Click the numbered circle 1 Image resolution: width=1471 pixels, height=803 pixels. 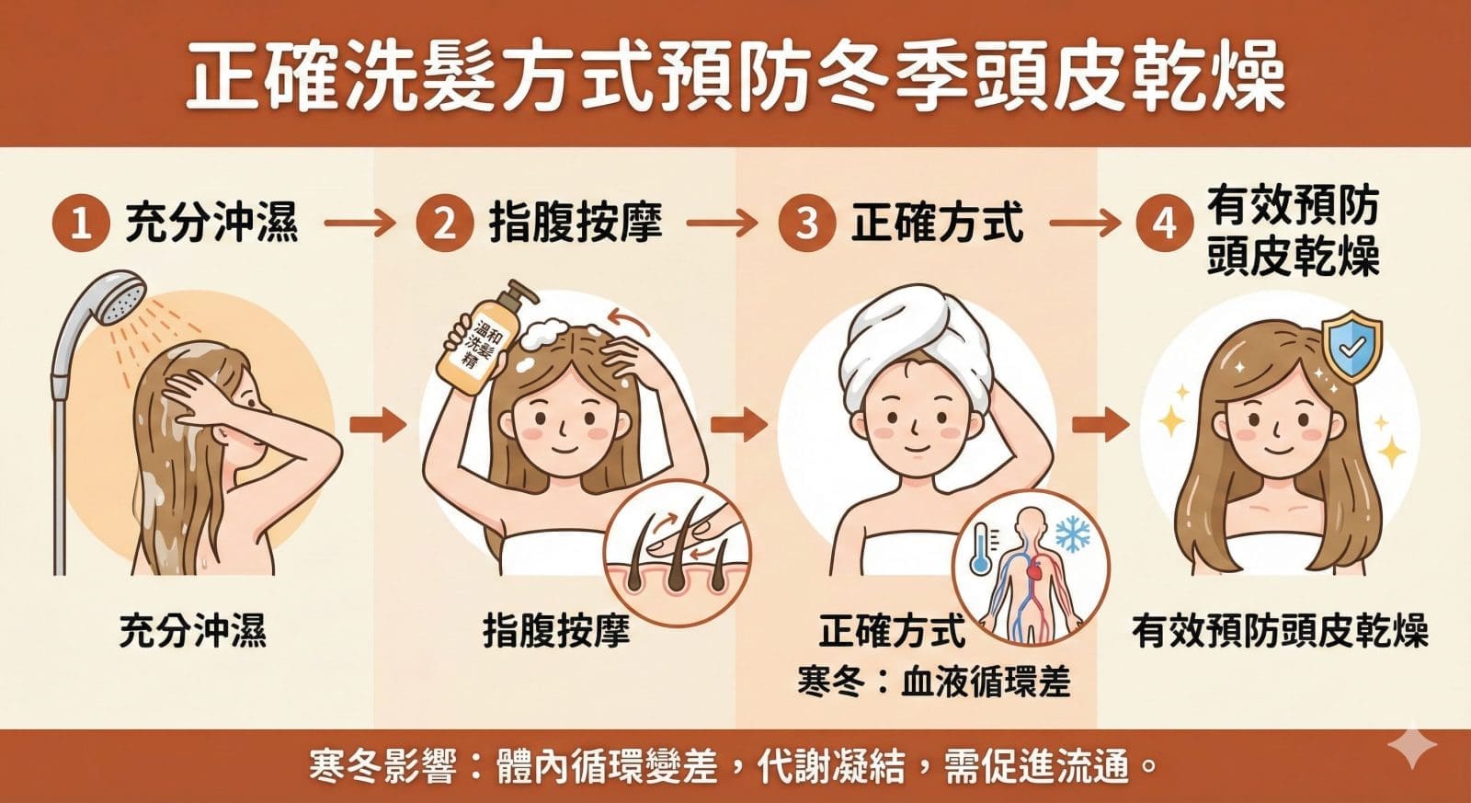tap(81, 224)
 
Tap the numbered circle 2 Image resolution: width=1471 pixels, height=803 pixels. tap(445, 224)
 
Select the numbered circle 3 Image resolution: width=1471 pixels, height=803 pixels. tap(807, 224)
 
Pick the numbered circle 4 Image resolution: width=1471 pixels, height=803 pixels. tap(1165, 224)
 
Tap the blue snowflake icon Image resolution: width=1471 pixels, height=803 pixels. tap(1073, 533)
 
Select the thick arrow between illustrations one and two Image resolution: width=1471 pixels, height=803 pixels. tap(378, 425)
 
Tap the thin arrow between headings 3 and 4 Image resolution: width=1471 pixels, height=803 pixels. tap(1085, 224)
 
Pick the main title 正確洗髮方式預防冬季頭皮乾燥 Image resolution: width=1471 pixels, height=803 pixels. tap(735, 76)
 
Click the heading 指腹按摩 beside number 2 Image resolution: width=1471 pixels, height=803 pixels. tap(576, 224)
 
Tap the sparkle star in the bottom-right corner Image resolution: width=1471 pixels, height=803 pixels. tap(1412, 746)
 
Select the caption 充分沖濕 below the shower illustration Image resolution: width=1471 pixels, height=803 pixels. tap(192, 631)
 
